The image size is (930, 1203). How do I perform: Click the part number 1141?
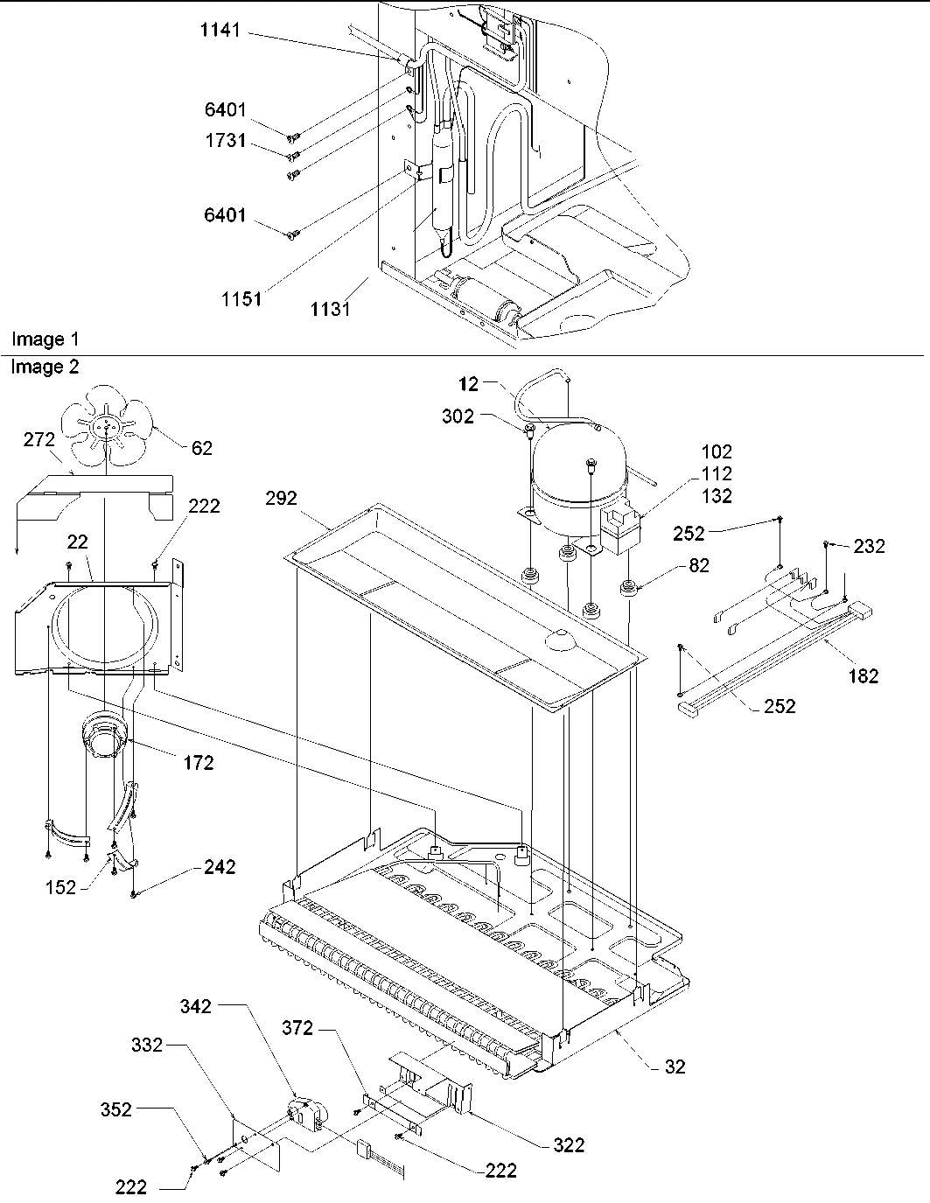coord(217,32)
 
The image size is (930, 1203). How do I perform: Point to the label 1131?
coord(331,309)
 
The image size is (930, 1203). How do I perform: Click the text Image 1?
coord(38,339)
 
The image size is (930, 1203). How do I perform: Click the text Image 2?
coord(44,367)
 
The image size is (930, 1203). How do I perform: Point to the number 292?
coord(281,499)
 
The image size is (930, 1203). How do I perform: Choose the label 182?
coord(864,675)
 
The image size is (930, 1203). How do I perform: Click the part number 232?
coord(869,546)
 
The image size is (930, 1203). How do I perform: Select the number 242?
coord(220,866)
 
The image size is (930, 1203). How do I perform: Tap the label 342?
coord(195,1006)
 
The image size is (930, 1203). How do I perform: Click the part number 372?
coord(297,1028)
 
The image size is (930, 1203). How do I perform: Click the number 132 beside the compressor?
coord(717,495)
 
